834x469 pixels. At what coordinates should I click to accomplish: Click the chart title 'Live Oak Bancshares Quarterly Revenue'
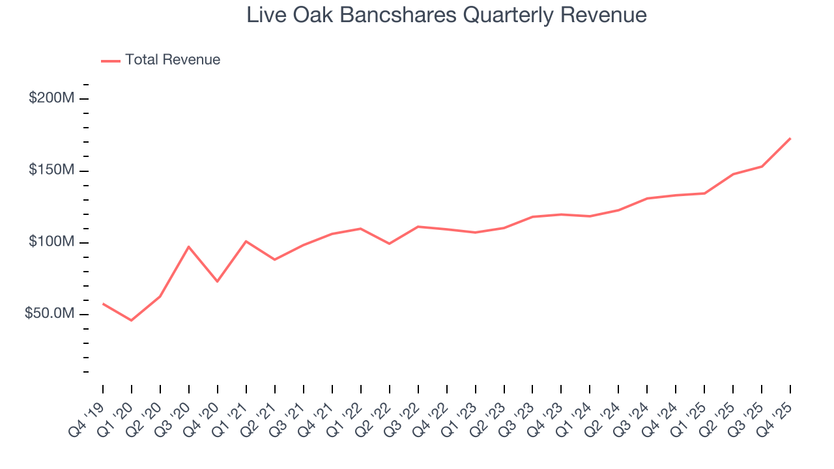446,15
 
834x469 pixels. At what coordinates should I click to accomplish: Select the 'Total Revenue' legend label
173,60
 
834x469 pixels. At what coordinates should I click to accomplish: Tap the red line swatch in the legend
111,61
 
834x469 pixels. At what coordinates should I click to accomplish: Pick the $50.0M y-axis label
49,314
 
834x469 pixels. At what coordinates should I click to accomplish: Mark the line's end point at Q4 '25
790,138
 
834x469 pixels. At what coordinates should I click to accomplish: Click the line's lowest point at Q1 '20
132,320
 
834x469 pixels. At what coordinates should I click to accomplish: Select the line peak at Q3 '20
189,246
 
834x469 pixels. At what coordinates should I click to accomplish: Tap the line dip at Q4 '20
218,281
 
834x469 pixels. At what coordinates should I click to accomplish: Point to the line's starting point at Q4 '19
103,304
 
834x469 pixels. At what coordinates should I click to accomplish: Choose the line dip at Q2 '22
390,244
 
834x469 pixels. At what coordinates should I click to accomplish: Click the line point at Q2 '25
733,174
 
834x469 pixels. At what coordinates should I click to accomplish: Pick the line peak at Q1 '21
246,241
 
